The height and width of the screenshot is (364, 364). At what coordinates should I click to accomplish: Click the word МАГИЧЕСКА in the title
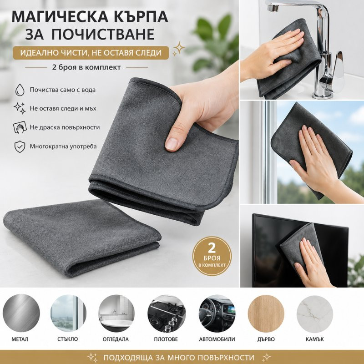click(x=60, y=16)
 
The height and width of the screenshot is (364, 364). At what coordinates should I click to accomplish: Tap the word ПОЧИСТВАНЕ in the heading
click(x=103, y=34)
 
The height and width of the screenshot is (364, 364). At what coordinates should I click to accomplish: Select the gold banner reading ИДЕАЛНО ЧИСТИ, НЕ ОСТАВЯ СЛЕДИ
click(x=91, y=53)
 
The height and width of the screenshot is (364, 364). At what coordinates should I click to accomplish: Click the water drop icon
click(x=20, y=90)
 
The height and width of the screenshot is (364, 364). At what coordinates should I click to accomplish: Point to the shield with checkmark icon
click(x=20, y=147)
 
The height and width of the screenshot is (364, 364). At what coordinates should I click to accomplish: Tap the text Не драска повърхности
click(x=65, y=127)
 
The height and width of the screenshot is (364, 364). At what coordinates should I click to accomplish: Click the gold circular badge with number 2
click(x=212, y=256)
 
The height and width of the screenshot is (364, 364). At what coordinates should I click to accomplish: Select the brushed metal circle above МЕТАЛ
click(x=21, y=313)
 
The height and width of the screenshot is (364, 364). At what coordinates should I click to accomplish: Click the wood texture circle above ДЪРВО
click(x=266, y=313)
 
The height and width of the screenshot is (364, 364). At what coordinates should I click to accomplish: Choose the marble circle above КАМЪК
click(x=315, y=313)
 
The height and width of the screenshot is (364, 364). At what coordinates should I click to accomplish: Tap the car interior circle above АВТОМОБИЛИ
click(x=217, y=313)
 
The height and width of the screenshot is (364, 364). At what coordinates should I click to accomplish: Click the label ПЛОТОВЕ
click(x=166, y=339)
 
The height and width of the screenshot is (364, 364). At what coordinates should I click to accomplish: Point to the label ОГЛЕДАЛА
click(x=116, y=339)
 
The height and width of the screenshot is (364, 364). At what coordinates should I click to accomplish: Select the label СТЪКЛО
click(x=67, y=339)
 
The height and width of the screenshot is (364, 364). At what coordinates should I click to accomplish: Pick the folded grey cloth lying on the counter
click(x=81, y=238)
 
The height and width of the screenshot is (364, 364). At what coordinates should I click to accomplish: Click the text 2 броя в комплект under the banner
click(x=86, y=67)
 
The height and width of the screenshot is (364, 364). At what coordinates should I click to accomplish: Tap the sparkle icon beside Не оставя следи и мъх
click(x=20, y=108)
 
